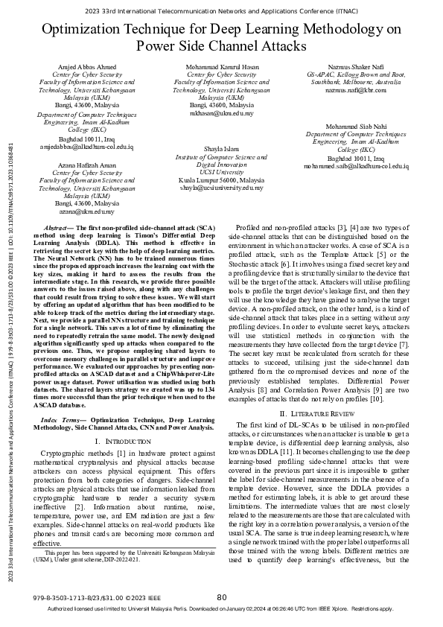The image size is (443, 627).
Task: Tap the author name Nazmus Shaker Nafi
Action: pyautogui.click(x=356, y=68)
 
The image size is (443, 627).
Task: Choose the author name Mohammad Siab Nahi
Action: pyautogui.click(x=356, y=127)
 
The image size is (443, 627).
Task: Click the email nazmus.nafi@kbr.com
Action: pyautogui.click(x=356, y=90)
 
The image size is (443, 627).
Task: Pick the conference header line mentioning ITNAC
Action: pyautogui.click(x=221, y=10)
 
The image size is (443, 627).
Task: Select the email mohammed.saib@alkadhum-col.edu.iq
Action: pyautogui.click(x=356, y=165)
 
